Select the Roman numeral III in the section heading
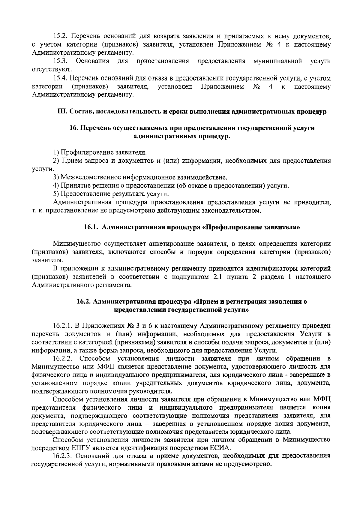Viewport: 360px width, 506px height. tap(62, 112)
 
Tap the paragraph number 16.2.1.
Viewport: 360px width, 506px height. tap(62, 326)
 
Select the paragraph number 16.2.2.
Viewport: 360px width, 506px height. tap(62, 359)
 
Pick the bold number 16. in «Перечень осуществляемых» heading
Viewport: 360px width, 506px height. tap(73, 128)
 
